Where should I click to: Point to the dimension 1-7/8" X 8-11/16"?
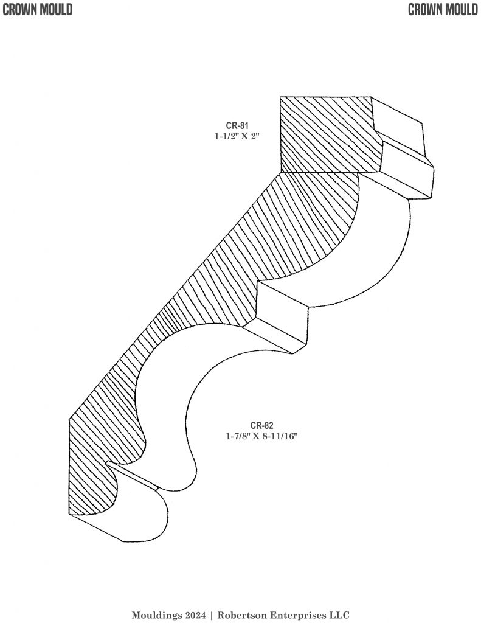(261, 436)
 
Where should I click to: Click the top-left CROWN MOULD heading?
(37, 9)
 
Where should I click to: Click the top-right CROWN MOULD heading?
(443, 9)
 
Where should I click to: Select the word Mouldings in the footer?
(154, 615)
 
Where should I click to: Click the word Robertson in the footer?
(243, 615)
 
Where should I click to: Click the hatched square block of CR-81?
(325, 134)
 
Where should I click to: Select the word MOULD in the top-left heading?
(55, 9)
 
